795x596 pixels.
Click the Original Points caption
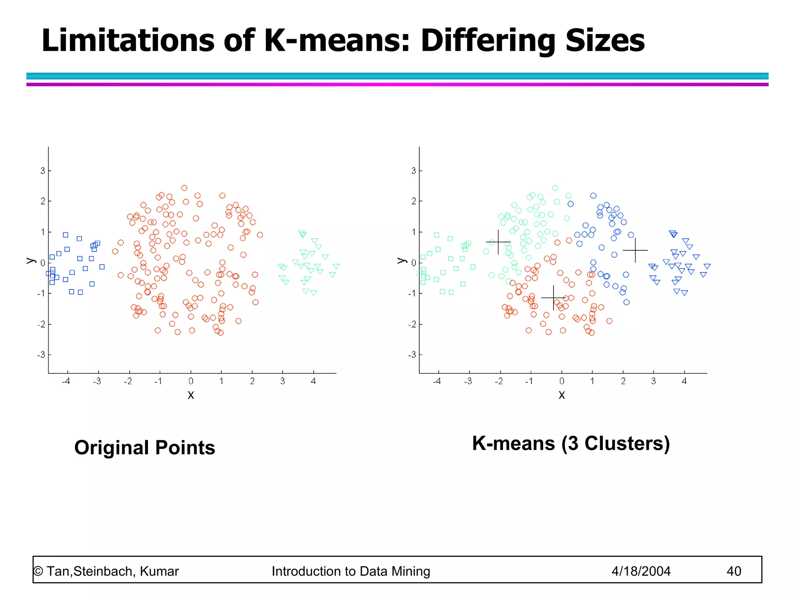(x=144, y=447)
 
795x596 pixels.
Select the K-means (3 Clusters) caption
(x=571, y=443)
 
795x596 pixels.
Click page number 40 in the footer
(x=734, y=571)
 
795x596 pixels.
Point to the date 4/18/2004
(x=641, y=571)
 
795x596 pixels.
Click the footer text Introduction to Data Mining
(x=351, y=571)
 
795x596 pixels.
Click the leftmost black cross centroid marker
(x=498, y=242)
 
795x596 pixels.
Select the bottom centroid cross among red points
(x=553, y=298)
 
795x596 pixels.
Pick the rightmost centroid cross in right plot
(x=635, y=250)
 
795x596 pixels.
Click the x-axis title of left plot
(x=191, y=395)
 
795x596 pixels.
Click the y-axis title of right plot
(x=402, y=261)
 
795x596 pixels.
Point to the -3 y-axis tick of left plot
(x=41, y=355)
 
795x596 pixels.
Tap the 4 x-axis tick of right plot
(x=684, y=381)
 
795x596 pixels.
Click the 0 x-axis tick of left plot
(x=191, y=381)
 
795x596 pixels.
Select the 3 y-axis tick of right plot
(x=413, y=171)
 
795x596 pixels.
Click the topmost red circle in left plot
(x=184, y=188)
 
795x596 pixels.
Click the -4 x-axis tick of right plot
(x=437, y=381)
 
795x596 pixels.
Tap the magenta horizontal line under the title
(x=397, y=84)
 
